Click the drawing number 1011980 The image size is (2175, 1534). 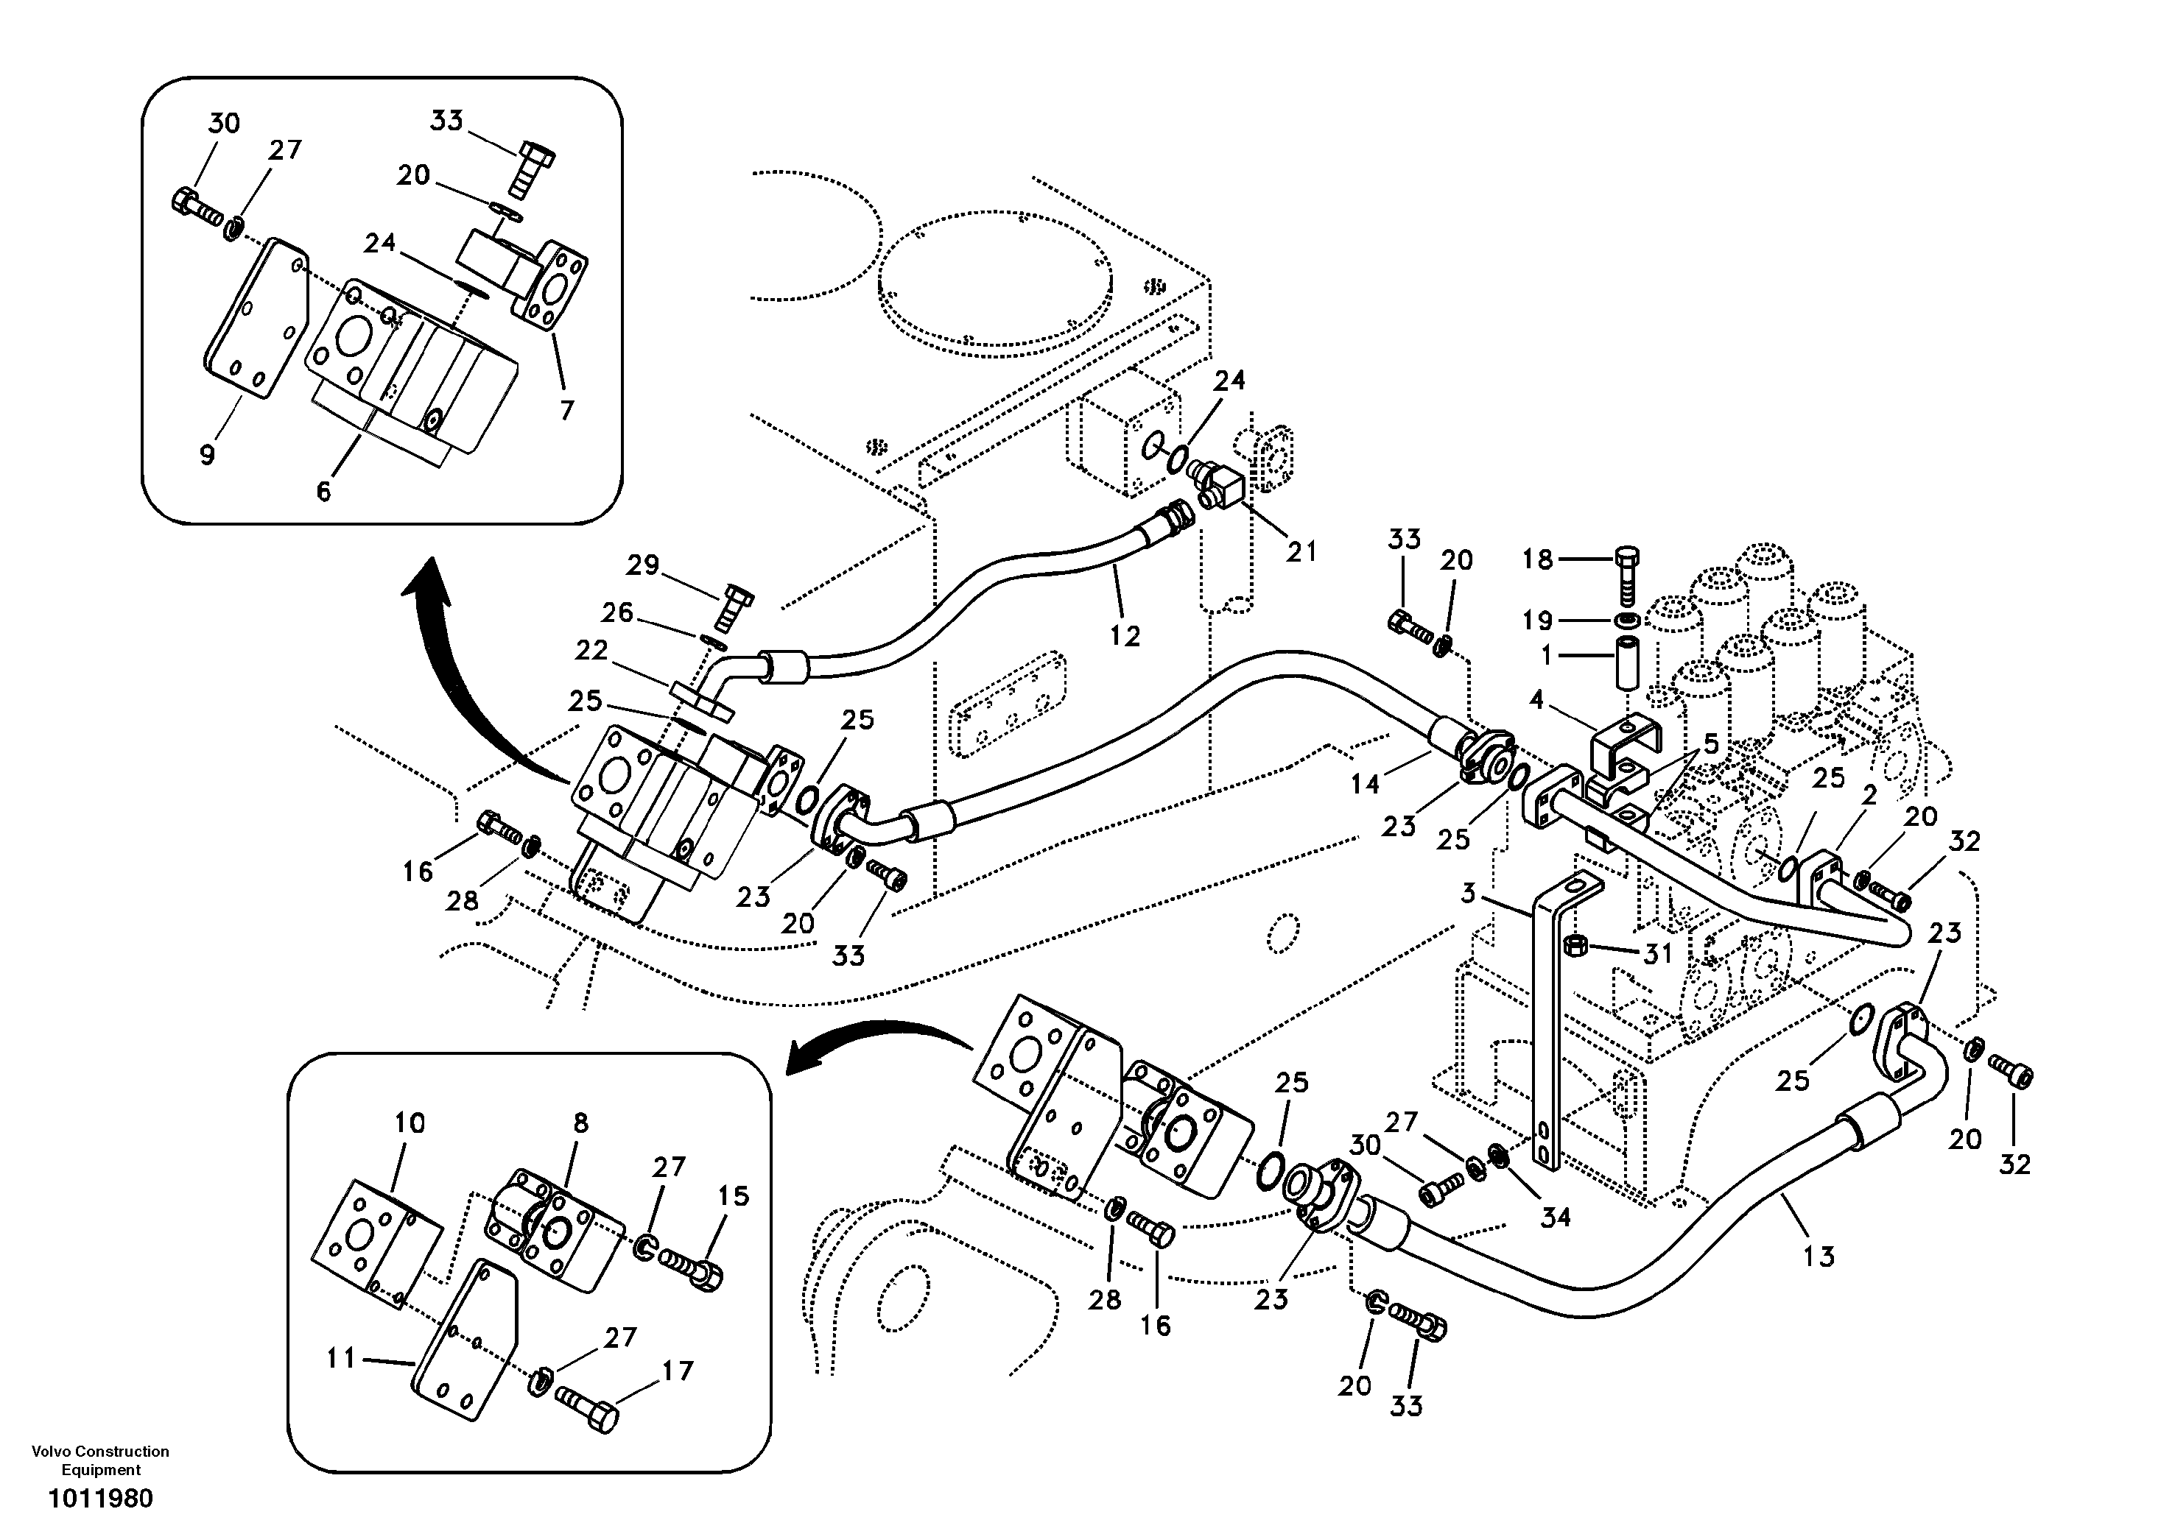pyautogui.click(x=100, y=1499)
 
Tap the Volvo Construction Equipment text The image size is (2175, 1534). pyautogui.click(x=100, y=1460)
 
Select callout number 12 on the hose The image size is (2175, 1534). pyautogui.click(x=1125, y=635)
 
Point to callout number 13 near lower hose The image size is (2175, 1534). pyautogui.click(x=1819, y=1256)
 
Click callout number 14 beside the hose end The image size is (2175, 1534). pyautogui.click(x=1365, y=783)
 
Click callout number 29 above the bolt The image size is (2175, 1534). pyautogui.click(x=642, y=565)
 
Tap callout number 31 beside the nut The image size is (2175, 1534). pyautogui.click(x=1658, y=953)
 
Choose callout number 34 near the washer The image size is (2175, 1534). pyautogui.click(x=1556, y=1217)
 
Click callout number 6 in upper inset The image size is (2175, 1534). pyautogui.click(x=323, y=492)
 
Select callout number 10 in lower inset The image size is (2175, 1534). pyautogui.click(x=410, y=1123)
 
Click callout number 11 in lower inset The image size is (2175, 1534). pyautogui.click(x=340, y=1359)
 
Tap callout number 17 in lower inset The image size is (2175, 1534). pyautogui.click(x=678, y=1371)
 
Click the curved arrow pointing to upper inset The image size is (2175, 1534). pyautogui.click(x=445, y=644)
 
